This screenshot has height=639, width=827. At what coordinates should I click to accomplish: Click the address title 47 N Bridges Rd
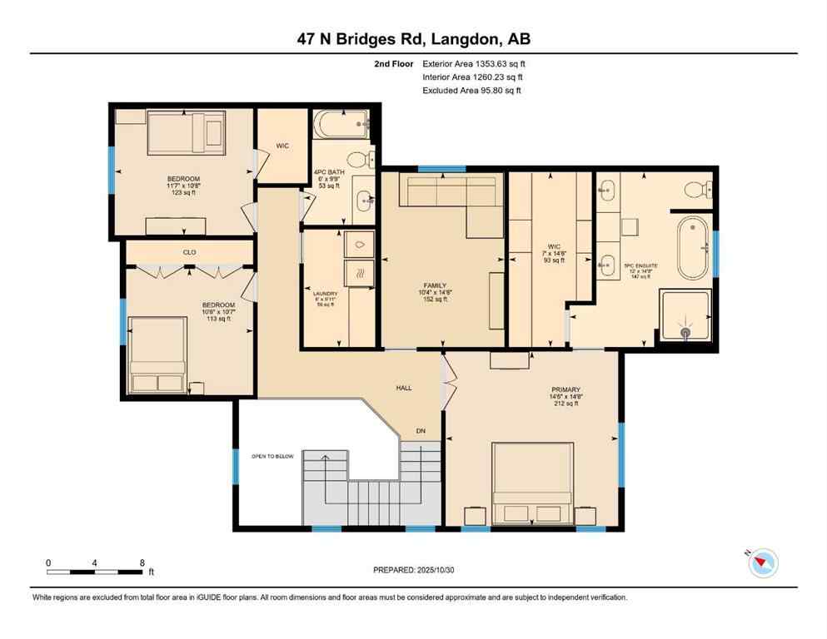click(x=413, y=38)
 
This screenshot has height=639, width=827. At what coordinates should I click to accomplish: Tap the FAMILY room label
click(x=435, y=285)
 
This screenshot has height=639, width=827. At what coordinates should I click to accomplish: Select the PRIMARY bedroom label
click(x=565, y=389)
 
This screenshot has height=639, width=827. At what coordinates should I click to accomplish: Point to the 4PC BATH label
click(x=329, y=172)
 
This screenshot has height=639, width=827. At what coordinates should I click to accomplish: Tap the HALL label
click(x=405, y=387)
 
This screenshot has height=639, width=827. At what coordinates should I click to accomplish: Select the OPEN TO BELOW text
click(x=273, y=457)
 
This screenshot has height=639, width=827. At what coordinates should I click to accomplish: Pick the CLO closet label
click(x=189, y=250)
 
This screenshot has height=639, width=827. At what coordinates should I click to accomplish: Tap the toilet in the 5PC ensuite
click(x=696, y=189)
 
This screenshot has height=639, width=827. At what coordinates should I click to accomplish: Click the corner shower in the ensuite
click(x=685, y=316)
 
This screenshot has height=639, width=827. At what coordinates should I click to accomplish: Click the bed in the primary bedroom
click(x=531, y=483)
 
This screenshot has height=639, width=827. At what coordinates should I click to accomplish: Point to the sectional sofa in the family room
click(x=450, y=196)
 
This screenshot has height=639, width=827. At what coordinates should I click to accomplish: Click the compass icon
click(x=761, y=563)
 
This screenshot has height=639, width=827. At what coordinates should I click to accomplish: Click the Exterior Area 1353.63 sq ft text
click(x=474, y=63)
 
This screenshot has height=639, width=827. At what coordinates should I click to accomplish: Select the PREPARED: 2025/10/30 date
click(x=413, y=570)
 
